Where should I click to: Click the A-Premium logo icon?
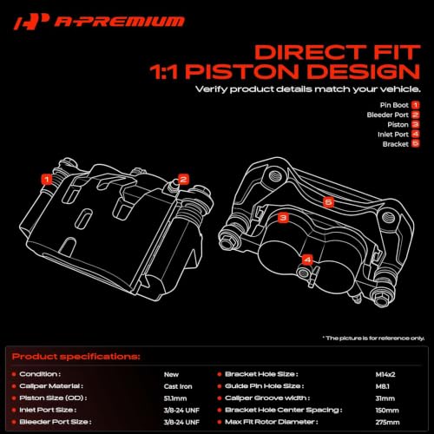click(x=31, y=22)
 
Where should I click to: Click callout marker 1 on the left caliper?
click(x=47, y=179)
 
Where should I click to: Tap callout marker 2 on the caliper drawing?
click(x=183, y=180)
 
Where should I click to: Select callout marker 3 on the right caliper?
click(x=283, y=218)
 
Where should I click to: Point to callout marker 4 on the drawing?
click(x=307, y=260)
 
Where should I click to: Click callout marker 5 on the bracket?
click(x=328, y=201)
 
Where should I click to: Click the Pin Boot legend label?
click(x=394, y=105)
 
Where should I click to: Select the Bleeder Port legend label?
click(x=388, y=115)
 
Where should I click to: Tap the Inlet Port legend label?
click(x=393, y=135)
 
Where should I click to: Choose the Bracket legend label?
click(x=396, y=144)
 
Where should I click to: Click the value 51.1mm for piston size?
click(x=175, y=398)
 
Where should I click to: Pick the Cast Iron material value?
click(x=178, y=386)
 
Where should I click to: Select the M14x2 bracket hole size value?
click(x=385, y=374)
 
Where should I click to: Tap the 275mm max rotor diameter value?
click(x=387, y=422)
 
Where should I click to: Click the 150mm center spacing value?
click(x=387, y=411)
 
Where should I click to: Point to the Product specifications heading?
click(x=76, y=357)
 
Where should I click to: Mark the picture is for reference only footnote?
click(x=373, y=338)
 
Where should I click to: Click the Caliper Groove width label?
click(x=267, y=398)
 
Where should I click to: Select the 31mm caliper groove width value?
click(x=385, y=398)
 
